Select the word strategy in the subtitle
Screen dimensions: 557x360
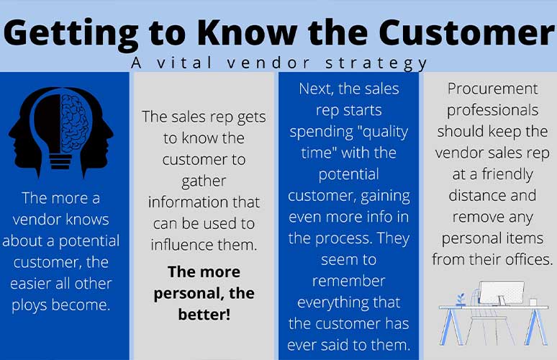point(376,64)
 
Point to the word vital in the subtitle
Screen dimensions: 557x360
point(184,63)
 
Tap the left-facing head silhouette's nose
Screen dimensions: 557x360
point(10,135)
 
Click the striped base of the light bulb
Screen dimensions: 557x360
point(60,161)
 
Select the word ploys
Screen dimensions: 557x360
point(30,305)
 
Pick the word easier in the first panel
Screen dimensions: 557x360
point(30,284)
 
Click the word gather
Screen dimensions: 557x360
point(204,181)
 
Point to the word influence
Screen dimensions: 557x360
point(181,245)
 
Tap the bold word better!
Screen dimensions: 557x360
point(204,315)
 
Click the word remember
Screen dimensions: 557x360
point(348,281)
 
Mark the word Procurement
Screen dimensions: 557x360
point(492,89)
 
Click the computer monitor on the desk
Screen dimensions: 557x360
point(502,293)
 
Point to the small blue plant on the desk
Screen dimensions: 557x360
point(461,300)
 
